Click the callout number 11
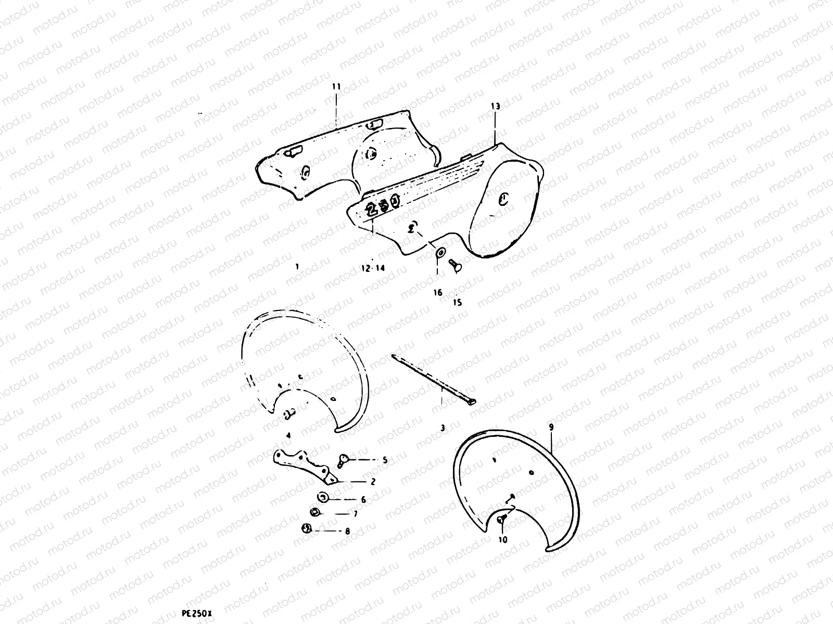point(336,87)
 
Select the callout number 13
point(495,107)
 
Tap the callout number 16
point(438,292)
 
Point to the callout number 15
point(457,302)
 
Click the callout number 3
point(443,428)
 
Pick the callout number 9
point(551,427)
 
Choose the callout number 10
point(503,540)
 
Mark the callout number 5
point(385,460)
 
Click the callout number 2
point(373,482)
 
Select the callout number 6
point(363,500)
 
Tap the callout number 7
point(355,514)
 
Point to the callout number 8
point(347,531)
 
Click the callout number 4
point(288,436)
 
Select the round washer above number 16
point(440,252)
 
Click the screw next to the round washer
point(455,266)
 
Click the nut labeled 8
point(307,528)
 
